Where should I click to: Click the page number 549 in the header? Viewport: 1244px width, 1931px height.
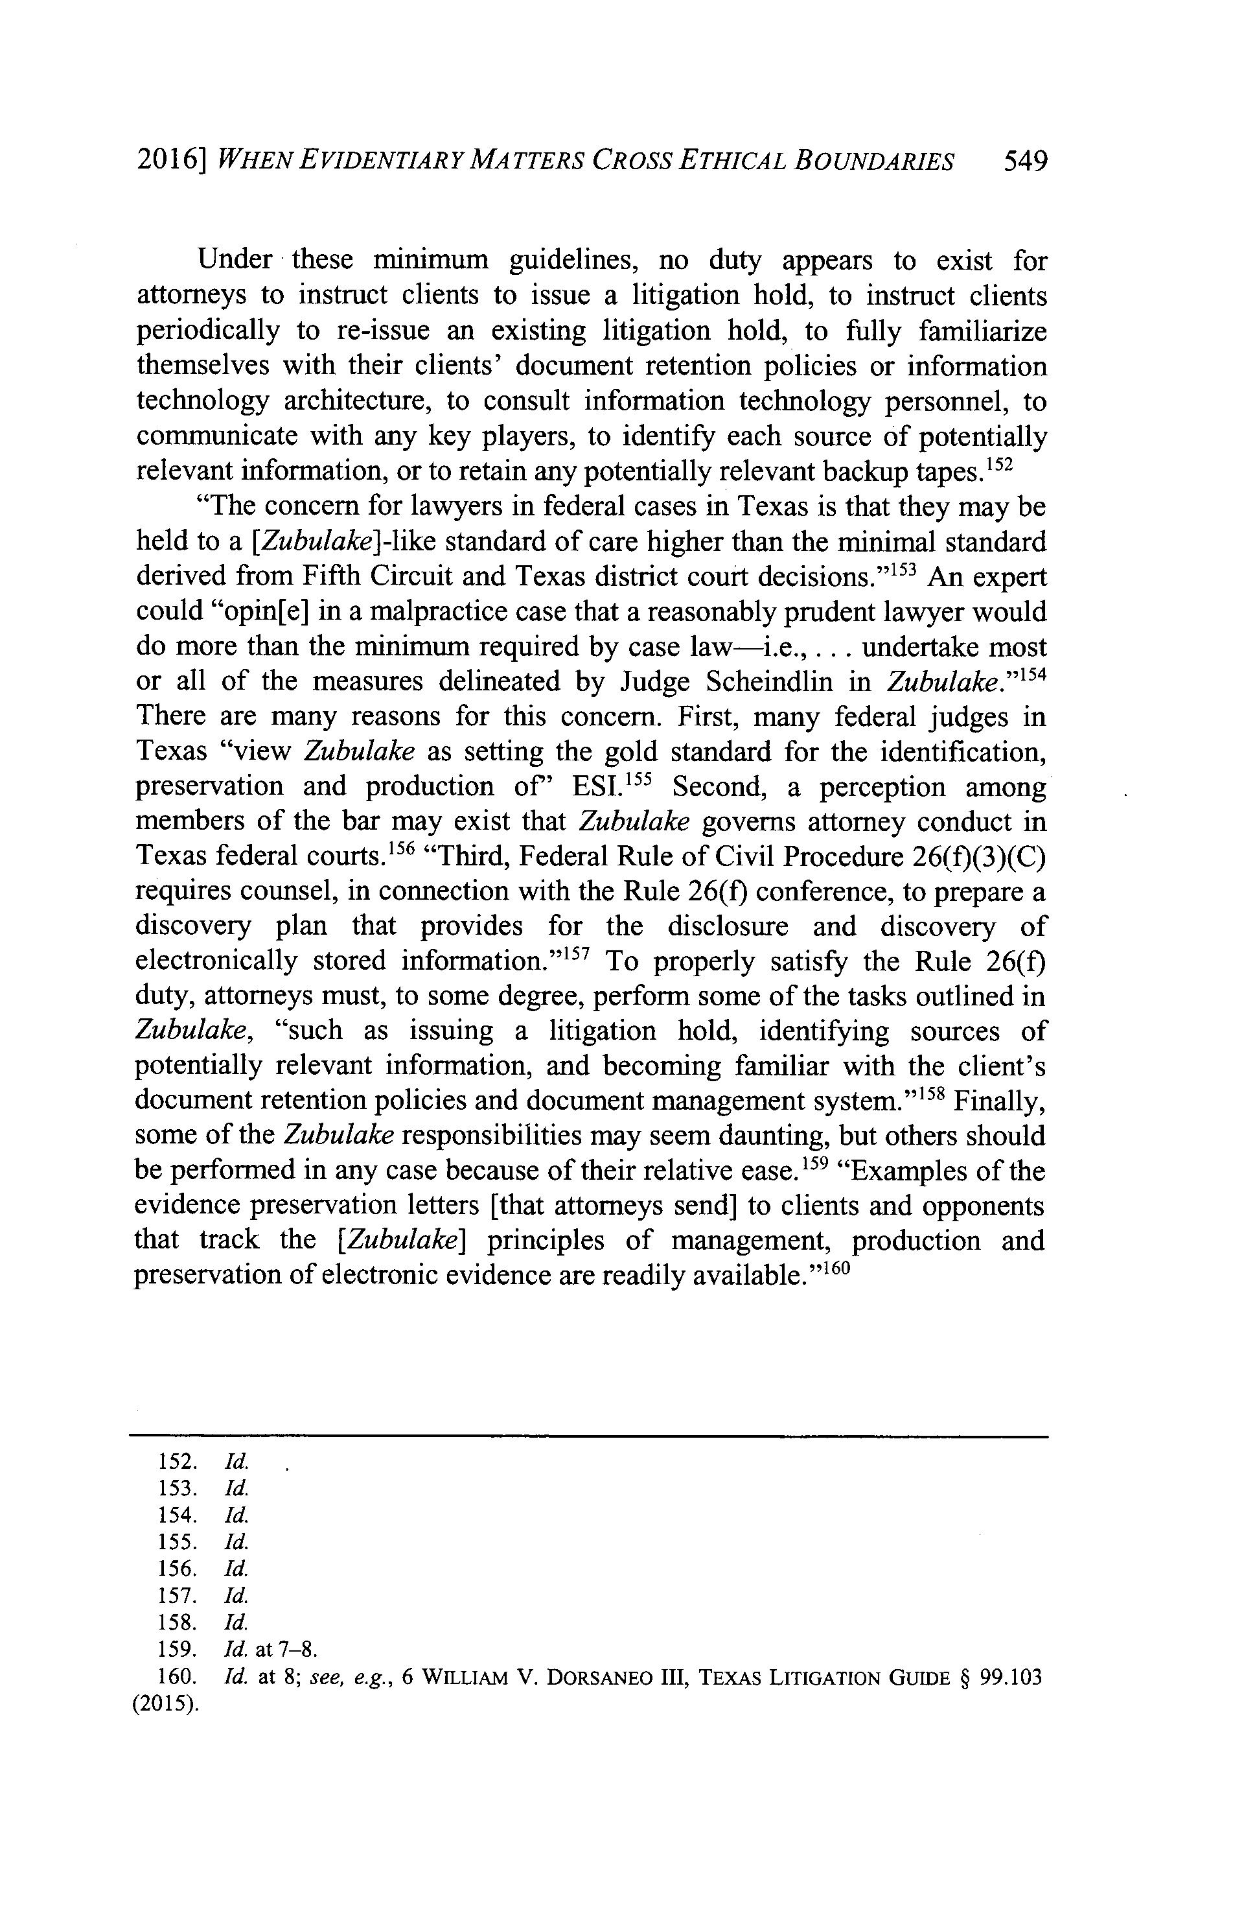click(x=1024, y=161)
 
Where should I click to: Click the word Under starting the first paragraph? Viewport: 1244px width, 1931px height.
click(x=235, y=260)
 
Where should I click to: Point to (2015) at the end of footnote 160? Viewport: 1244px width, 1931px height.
click(x=166, y=1704)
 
